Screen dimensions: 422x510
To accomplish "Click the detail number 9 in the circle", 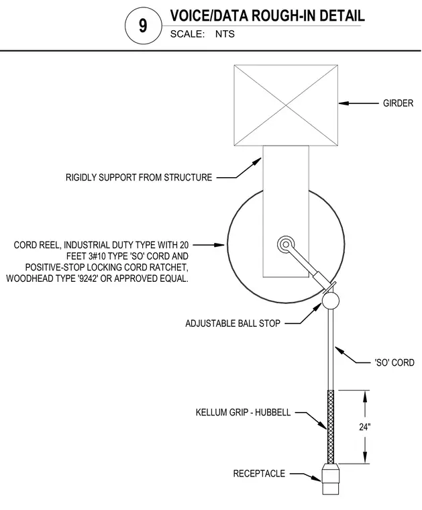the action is click(x=143, y=25).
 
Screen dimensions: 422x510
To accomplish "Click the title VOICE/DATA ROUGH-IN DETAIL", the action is click(x=267, y=15).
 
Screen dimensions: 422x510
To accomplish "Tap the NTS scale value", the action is click(x=225, y=34).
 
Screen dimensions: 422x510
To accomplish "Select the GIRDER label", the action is click(x=398, y=103).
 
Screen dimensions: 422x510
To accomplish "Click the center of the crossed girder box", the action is click(x=286, y=105).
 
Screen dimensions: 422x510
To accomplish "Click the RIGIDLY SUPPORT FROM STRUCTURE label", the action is click(x=139, y=177).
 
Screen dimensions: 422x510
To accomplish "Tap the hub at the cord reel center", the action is click(x=286, y=244).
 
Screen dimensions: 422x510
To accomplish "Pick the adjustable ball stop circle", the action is click(x=331, y=301).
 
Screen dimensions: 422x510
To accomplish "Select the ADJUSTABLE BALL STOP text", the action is click(x=233, y=323).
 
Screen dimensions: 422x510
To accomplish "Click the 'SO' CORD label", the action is click(x=394, y=362).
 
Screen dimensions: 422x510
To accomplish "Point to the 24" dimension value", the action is click(x=365, y=427).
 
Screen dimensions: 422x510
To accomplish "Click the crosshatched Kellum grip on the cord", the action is click(x=331, y=427).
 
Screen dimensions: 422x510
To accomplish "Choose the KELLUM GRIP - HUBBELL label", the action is click(x=243, y=413).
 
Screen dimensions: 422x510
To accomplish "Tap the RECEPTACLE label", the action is click(x=259, y=474).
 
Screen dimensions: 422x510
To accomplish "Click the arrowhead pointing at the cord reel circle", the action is click(x=220, y=244).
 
